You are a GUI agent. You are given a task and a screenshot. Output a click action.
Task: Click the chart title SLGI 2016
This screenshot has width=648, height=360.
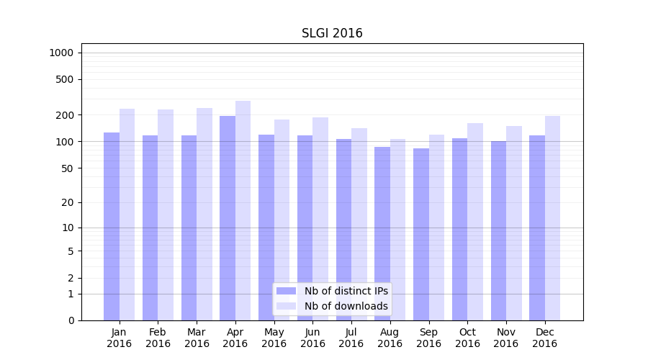coord(332,34)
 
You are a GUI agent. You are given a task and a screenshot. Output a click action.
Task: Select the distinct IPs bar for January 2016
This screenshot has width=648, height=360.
coord(112,226)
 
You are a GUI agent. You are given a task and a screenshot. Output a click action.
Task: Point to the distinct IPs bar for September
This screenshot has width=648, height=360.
coord(421,234)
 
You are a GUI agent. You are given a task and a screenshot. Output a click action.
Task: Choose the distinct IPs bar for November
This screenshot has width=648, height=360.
coord(498,230)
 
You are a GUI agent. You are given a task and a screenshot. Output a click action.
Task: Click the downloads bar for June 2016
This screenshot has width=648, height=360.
coord(320,219)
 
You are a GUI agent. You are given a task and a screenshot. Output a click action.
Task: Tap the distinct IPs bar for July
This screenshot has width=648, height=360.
coord(343,230)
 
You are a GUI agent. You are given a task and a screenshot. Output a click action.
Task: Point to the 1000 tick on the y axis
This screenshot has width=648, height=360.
coord(61,53)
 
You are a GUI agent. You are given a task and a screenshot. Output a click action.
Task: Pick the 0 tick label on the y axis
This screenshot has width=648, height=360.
coord(71,320)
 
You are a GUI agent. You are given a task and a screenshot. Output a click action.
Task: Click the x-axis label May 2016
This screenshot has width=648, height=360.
coord(274,338)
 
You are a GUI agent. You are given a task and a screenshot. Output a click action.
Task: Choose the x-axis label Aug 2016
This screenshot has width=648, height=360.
coord(390,338)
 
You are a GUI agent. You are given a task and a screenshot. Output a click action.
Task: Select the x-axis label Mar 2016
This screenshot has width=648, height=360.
coord(197,338)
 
